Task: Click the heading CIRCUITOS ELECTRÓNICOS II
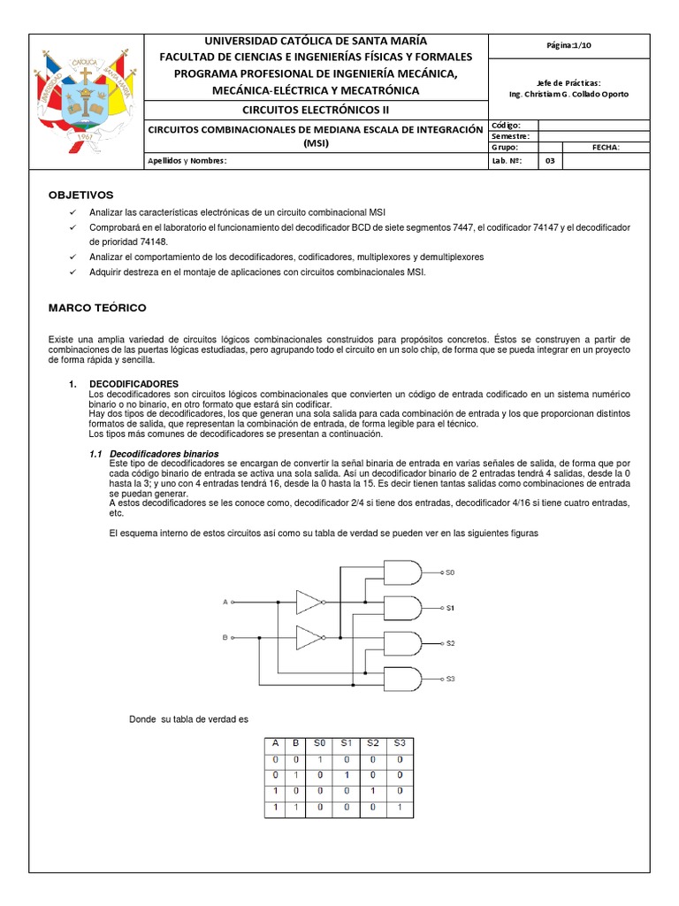coord(316,110)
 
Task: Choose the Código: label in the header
coord(506,126)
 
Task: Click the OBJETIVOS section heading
coord(80,195)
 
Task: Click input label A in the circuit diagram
coord(225,602)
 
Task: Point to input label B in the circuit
coord(225,636)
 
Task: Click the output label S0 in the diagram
coord(449,573)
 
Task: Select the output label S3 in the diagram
coord(449,679)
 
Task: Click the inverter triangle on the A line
coord(309,602)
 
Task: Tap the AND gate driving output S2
coord(402,643)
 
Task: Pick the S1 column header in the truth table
coord(347,743)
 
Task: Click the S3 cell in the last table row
coord(400,808)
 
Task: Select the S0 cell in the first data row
coord(321,759)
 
